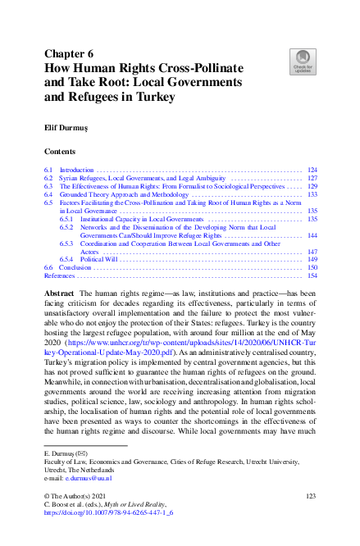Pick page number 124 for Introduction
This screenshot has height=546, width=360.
click(x=312, y=170)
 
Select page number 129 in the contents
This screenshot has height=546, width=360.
click(x=312, y=187)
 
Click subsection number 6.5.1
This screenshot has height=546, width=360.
click(x=67, y=220)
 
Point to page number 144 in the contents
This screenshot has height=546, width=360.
click(x=312, y=236)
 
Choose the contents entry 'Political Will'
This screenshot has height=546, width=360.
click(x=100, y=260)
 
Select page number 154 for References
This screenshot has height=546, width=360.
click(x=312, y=276)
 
